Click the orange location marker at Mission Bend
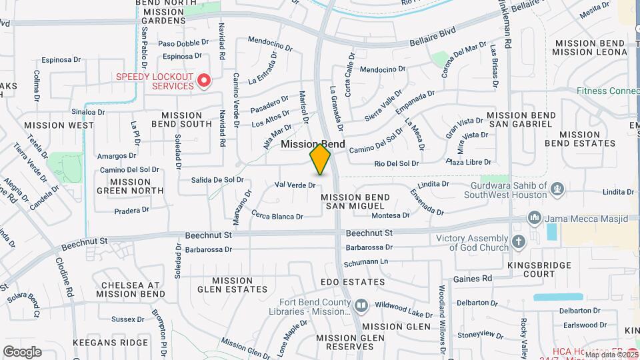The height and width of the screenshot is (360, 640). (320, 159)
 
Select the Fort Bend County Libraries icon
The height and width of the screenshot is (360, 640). (361, 305)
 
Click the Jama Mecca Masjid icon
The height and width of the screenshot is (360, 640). (533, 218)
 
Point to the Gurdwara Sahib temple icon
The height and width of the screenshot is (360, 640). (555, 189)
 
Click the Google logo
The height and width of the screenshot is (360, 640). (22, 352)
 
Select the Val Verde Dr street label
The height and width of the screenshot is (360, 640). (295, 185)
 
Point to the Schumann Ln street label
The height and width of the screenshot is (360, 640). (367, 261)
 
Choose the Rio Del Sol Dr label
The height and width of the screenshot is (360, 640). (396, 163)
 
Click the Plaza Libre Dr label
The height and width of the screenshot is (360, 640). (469, 162)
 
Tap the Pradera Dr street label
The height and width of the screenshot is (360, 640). (131, 211)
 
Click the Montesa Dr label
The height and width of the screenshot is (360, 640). (390, 215)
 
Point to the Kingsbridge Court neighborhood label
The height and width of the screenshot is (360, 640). (539, 269)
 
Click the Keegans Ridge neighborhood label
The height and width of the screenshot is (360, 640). (119, 342)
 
